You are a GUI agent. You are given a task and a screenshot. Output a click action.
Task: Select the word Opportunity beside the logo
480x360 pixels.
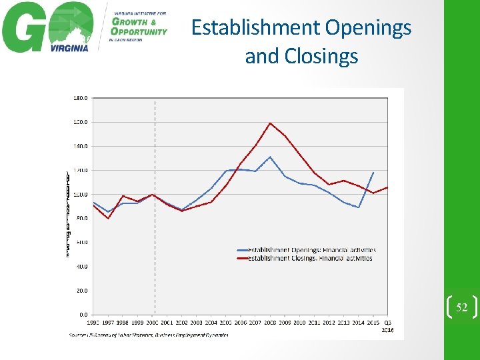pyautogui.click(x=139, y=31)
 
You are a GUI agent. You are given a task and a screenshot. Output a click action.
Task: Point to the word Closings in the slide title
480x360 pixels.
pyautogui.click(x=323, y=57)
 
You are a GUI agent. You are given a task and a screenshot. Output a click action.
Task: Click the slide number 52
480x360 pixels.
pyautogui.click(x=461, y=307)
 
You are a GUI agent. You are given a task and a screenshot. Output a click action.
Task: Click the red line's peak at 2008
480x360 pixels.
pyautogui.click(x=270, y=123)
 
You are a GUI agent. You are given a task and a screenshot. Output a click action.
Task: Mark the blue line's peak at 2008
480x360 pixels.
pyautogui.click(x=270, y=157)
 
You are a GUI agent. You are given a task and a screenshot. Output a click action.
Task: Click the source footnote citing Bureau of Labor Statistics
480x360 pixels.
pyautogui.click(x=148, y=335)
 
